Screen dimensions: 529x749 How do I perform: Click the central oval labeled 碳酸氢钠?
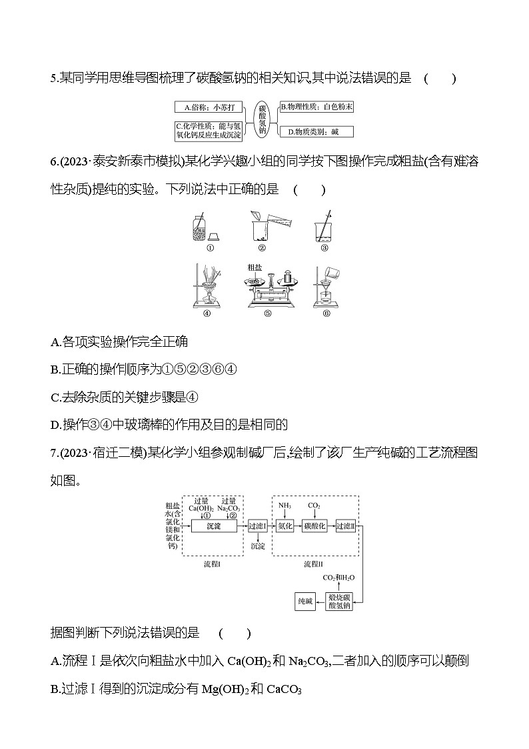[261, 119]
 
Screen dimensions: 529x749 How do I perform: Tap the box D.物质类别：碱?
[316, 132]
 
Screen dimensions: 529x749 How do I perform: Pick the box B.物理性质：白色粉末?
[316, 107]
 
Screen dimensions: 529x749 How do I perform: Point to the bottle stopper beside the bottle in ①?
[215, 235]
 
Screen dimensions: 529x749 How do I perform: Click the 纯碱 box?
[305, 601]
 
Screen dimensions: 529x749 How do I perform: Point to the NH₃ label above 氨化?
[285, 506]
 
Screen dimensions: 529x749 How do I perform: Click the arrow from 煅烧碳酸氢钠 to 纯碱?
[320, 601]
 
